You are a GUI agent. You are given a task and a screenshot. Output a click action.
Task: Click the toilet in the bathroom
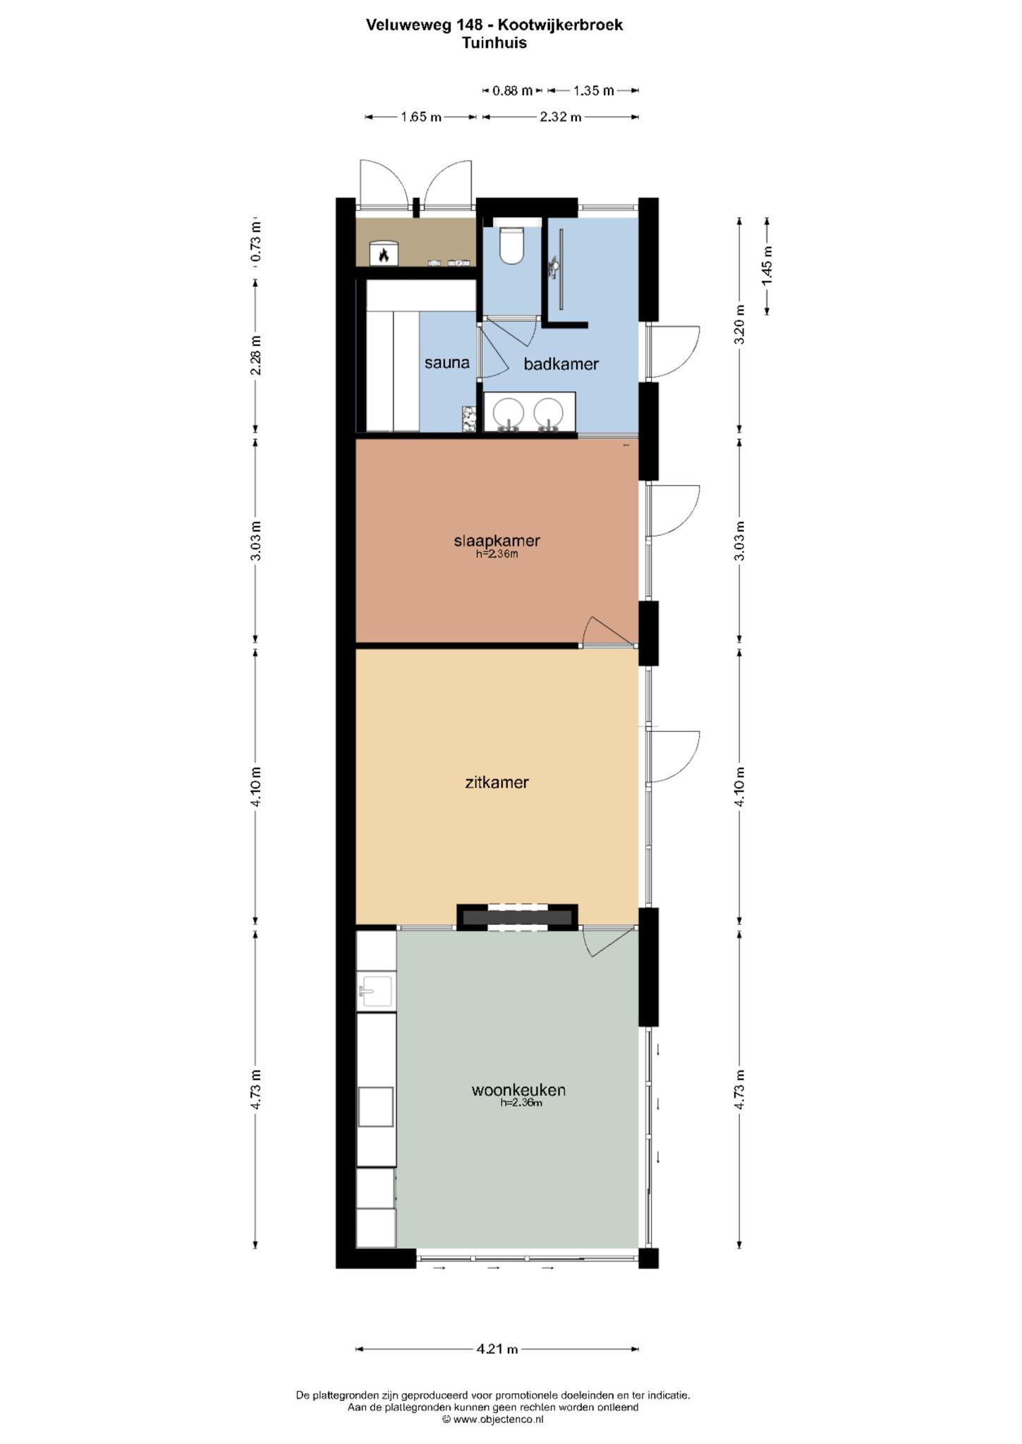point(511,244)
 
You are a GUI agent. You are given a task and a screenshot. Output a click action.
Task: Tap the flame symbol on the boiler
point(384,255)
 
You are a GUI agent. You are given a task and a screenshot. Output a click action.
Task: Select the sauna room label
point(446,362)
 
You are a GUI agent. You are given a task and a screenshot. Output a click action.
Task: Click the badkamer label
point(561,364)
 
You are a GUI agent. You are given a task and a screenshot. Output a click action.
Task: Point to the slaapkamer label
point(497,541)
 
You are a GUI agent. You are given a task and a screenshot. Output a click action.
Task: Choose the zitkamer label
point(497,782)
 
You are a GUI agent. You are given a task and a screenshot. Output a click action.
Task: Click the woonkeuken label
point(518,1090)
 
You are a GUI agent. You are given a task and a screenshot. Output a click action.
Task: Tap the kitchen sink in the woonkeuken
point(376,991)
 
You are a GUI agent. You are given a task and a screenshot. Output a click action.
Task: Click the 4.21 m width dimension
point(497,1349)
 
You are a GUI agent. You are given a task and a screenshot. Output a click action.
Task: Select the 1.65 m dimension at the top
point(421,117)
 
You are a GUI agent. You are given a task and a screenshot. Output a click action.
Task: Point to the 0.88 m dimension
point(513,90)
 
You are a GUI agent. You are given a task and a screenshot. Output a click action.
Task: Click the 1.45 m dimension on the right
point(767,265)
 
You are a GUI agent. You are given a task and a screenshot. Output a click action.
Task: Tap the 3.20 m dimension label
point(739,324)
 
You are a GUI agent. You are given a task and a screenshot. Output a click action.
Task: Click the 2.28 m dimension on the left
point(255,355)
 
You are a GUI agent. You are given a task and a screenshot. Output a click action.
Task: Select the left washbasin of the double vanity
point(508,412)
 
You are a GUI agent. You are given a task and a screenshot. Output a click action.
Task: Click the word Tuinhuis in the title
point(494,43)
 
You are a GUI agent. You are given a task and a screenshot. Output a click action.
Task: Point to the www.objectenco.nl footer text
point(498,1419)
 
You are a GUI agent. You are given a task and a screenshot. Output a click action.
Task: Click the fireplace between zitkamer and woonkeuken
point(517,917)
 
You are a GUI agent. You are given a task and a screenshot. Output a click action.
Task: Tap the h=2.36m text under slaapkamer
point(497,554)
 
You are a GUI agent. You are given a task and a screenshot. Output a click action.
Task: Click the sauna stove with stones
point(469,419)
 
